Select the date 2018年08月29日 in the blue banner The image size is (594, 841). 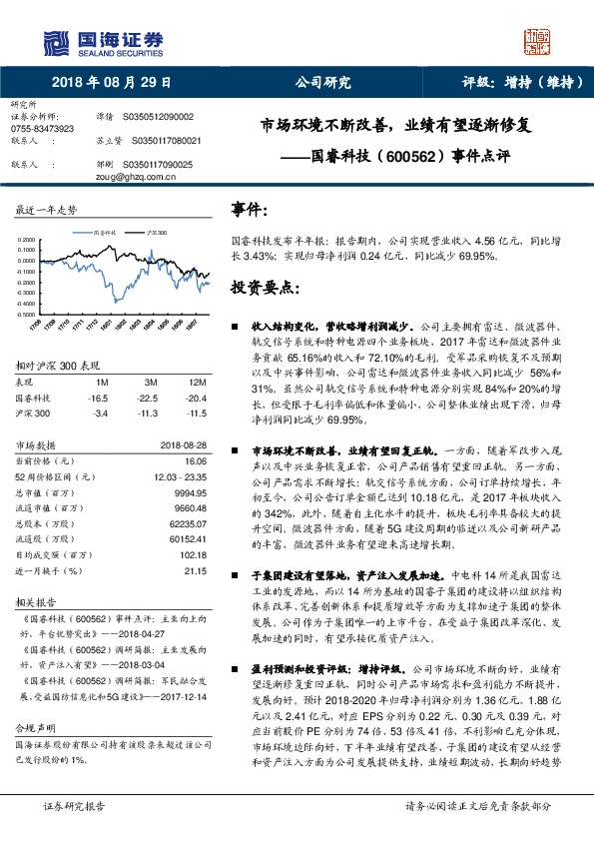point(110,83)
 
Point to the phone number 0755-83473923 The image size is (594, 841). point(41,130)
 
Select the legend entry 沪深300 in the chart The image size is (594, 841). point(158,231)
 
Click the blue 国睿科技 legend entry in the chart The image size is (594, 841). point(105,231)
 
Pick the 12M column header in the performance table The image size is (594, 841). point(197,384)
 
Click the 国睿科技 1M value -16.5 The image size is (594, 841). point(98,398)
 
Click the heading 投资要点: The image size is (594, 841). point(268,287)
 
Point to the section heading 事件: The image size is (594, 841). point(249,211)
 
